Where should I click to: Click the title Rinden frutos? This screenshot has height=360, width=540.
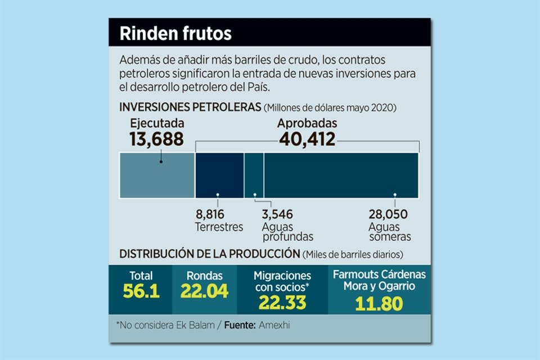tap(175, 33)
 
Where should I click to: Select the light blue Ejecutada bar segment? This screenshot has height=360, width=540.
tap(157, 175)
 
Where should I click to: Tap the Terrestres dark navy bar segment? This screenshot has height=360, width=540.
tap(219, 175)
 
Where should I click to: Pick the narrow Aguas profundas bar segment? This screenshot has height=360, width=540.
tap(254, 175)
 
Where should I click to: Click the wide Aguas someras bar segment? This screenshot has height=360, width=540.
tap(341, 175)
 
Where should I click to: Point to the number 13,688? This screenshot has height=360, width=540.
tap(156, 139)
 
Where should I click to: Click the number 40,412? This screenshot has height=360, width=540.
tap(307, 139)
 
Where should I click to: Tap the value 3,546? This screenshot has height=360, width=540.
tap(278, 214)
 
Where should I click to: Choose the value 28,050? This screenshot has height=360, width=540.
tap(388, 214)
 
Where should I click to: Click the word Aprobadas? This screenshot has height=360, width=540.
tap(307, 123)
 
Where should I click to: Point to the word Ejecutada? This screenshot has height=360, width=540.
tap(157, 123)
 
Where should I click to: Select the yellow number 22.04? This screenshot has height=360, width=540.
tap(204, 291)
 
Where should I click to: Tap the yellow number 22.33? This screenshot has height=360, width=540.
tap(282, 302)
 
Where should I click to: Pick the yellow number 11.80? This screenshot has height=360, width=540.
tap(379, 304)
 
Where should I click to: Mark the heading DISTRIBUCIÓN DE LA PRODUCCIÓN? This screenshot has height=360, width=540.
tap(209, 253)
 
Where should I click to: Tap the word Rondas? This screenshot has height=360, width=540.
tap(205, 276)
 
